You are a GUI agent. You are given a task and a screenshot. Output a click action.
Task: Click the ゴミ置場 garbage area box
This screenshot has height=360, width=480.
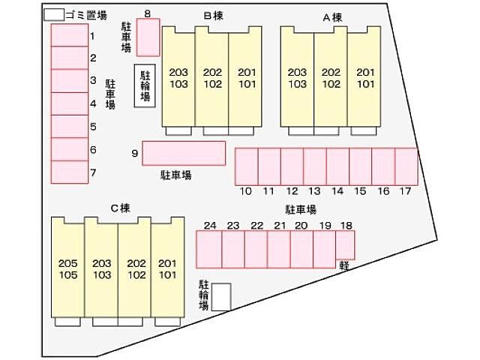click(54, 15)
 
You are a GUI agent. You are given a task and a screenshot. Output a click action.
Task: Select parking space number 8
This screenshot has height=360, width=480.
click(148, 37)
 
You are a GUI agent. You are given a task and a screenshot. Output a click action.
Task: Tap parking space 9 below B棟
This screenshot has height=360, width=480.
click(184, 153)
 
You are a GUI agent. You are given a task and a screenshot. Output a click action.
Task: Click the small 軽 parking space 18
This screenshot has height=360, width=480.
click(345, 245)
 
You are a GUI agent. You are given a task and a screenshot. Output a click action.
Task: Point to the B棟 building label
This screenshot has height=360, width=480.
click(213, 16)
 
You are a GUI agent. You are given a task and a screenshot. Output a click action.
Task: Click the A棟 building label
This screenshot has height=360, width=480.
click(332, 17)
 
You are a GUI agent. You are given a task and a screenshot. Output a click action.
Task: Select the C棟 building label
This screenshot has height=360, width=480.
click(120, 208)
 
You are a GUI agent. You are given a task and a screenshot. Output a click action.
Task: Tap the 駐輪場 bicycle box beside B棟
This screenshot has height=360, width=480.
click(145, 85)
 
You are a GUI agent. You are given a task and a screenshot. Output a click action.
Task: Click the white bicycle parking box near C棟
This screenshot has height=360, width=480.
click(221, 297)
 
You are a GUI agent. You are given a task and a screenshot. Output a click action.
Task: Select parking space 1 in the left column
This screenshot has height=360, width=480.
click(70, 35)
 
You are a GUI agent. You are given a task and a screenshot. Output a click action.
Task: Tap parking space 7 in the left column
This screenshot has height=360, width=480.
click(70, 172)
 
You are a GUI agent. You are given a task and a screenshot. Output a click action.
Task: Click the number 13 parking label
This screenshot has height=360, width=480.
click(314, 191)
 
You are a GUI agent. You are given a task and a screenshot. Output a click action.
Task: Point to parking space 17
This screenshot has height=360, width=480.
click(406, 166)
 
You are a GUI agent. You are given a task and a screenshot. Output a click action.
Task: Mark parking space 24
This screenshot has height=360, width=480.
click(208, 250)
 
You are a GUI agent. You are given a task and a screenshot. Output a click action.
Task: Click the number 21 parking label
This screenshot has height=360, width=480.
click(280, 226)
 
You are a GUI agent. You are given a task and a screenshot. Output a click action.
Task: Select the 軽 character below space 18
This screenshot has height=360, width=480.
click(344, 265)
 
